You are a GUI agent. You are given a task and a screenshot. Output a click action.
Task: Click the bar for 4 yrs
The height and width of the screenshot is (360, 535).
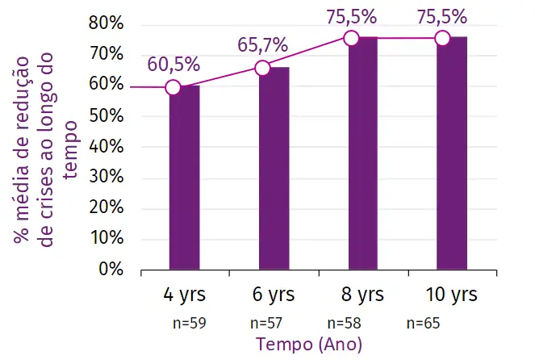click(x=184, y=178)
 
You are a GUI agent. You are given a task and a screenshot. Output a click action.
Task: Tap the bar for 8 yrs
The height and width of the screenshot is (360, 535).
click(x=362, y=153)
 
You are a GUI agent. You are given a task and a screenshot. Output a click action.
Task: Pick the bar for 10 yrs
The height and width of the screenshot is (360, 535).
click(x=452, y=153)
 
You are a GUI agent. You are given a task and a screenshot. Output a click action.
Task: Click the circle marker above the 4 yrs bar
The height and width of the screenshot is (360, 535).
click(x=173, y=87)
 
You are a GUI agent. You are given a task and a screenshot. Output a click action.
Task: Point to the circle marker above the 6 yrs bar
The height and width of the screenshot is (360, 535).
click(x=262, y=69)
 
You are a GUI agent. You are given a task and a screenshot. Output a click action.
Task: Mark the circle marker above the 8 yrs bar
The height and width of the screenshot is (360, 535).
click(x=351, y=38)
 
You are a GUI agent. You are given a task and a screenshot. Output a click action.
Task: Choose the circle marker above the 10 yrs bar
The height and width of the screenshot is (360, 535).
click(x=441, y=38)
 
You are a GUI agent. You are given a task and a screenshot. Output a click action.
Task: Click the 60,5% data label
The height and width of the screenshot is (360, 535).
click(x=173, y=65)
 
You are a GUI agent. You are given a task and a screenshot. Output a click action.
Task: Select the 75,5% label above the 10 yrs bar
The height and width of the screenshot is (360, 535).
click(x=441, y=16)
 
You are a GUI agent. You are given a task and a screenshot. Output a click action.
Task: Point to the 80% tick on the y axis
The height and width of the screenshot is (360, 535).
click(x=107, y=23)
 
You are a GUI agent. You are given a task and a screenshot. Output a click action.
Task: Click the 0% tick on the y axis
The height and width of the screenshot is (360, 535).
click(x=111, y=269)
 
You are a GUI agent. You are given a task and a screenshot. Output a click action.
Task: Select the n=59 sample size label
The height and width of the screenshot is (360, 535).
click(x=190, y=323)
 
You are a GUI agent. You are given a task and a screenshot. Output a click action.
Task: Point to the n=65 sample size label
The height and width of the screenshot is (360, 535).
click(x=423, y=323)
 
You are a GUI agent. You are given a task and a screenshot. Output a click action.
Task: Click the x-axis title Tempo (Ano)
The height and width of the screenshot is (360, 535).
click(x=310, y=345)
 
